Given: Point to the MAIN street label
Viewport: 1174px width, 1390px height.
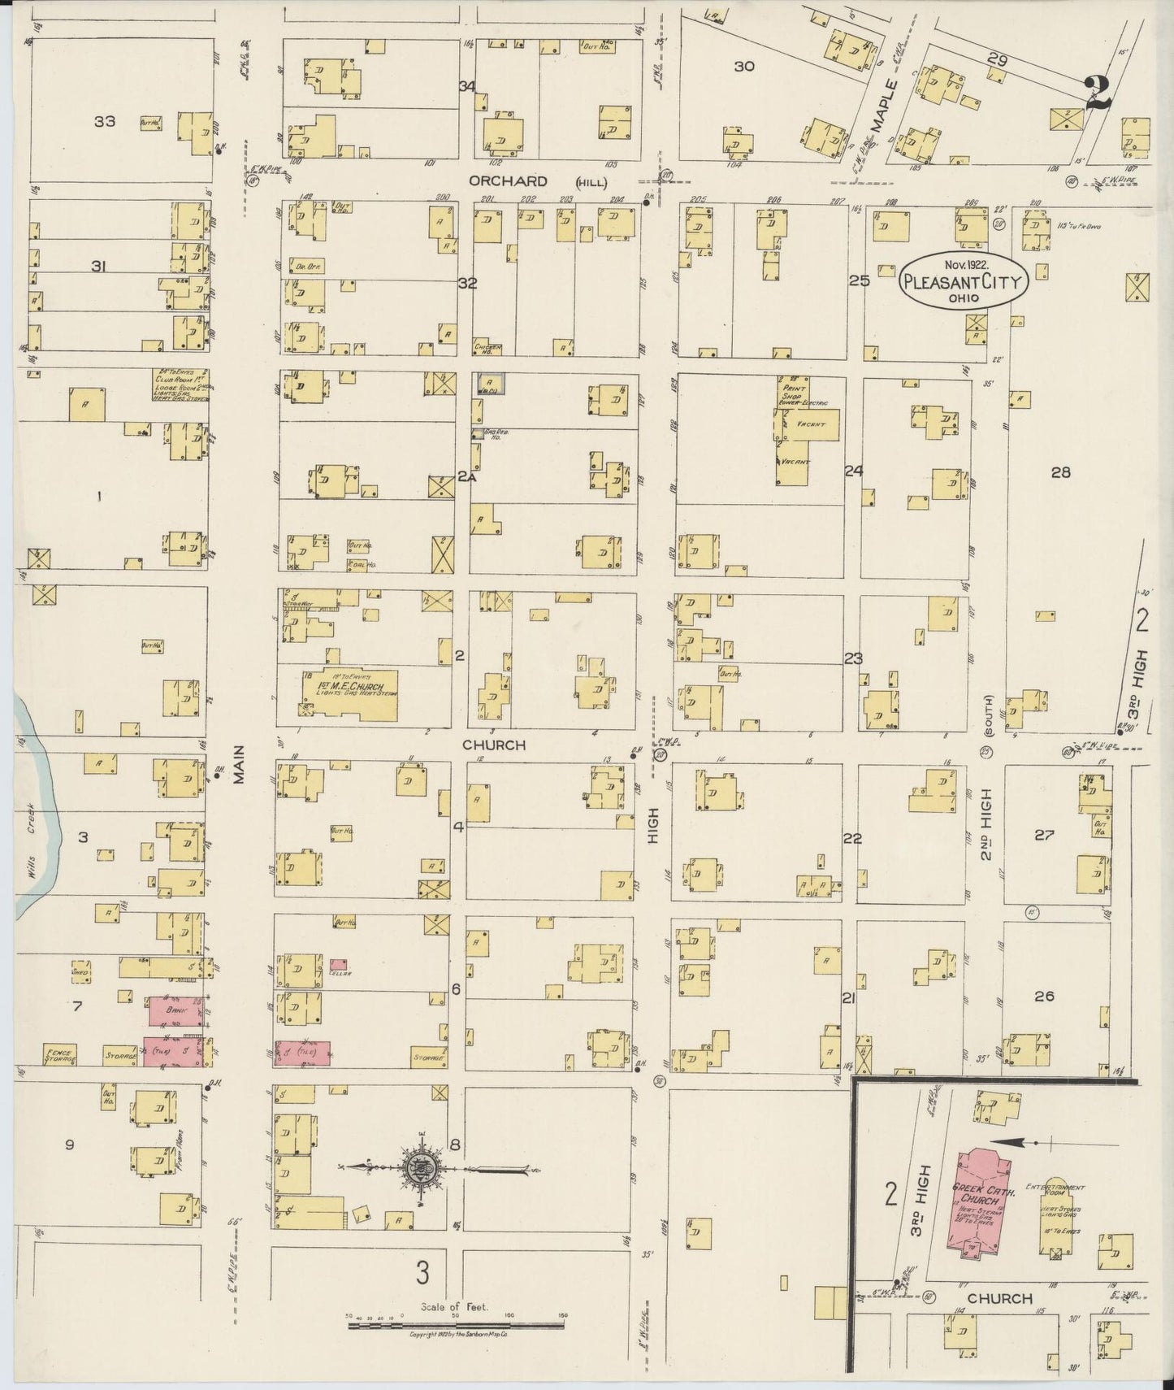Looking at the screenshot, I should [240, 767].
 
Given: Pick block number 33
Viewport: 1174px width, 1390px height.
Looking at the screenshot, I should [104, 122].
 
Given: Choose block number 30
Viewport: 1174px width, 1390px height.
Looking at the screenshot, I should [744, 67].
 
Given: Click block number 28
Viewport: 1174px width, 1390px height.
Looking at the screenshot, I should [1060, 471].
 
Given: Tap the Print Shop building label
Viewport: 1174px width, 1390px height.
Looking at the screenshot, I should [791, 393].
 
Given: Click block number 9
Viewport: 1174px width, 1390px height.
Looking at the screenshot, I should [70, 1145].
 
